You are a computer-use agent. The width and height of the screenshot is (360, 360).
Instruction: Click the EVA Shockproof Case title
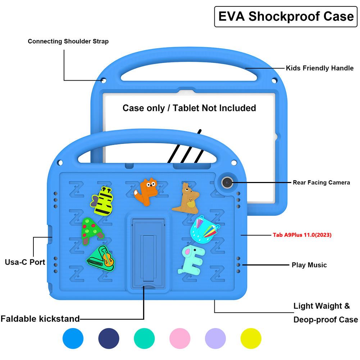pyautogui.click(x=286, y=17)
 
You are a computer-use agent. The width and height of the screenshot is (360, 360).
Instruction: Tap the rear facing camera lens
pyautogui.click(x=227, y=183)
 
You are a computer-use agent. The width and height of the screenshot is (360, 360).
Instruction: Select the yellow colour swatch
pyautogui.click(x=251, y=338)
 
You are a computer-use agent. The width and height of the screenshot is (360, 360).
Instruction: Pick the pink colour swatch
pyautogui.click(x=180, y=338)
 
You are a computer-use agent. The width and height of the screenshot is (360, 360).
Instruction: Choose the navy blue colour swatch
pyautogui.click(x=109, y=338)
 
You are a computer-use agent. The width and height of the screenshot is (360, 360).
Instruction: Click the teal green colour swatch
pyautogui.click(x=144, y=338)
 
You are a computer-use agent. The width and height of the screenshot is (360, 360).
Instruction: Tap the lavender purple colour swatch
pyautogui.click(x=215, y=338)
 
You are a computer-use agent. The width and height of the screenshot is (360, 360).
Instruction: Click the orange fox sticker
pyautogui.click(x=146, y=192)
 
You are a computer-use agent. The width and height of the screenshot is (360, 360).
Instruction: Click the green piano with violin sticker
pyautogui.click(x=101, y=258)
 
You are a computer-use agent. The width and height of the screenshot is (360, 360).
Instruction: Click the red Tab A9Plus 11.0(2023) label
pyautogui.click(x=302, y=235)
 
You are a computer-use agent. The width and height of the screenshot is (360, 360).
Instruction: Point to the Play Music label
pyautogui.click(x=309, y=265)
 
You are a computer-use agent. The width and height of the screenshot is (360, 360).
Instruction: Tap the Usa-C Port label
pyautogui.click(x=25, y=262)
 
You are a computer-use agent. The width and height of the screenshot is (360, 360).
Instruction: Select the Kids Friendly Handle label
pyautogui.click(x=319, y=68)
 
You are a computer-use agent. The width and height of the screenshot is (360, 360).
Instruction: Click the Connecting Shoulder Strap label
pyautogui.click(x=68, y=41)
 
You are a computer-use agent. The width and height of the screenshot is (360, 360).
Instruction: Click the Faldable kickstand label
pyautogui.click(x=40, y=319)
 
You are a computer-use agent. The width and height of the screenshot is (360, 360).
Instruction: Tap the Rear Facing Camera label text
pyautogui.click(x=321, y=183)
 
